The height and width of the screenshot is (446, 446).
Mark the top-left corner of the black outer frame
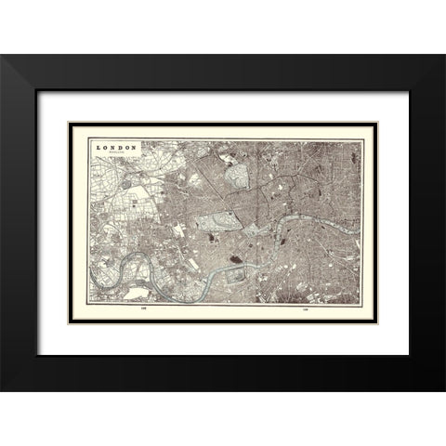pyautogui.click(x=2, y=57)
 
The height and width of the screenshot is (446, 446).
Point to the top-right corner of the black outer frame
pyautogui.click(x=444, y=57)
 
